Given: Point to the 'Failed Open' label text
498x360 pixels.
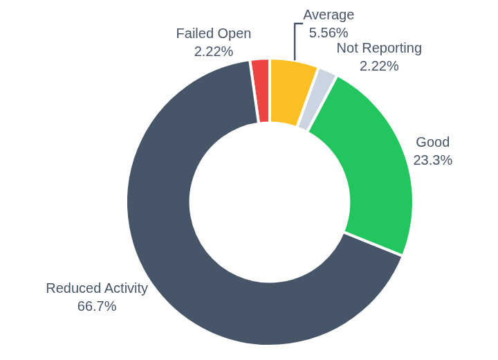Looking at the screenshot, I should [x=213, y=33].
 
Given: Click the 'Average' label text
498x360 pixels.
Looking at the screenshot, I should [x=329, y=15].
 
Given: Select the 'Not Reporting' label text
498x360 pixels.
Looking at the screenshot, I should [x=379, y=48].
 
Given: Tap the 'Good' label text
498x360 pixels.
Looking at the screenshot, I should [x=432, y=142].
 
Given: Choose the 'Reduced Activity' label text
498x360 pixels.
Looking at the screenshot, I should [x=97, y=288].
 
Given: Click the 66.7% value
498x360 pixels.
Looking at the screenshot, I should [x=97, y=306].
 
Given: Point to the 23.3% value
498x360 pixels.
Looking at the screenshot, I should [x=432, y=160].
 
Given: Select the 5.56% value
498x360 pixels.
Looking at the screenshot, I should [x=329, y=33].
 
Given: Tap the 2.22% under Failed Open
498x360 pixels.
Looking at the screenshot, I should [x=213, y=51].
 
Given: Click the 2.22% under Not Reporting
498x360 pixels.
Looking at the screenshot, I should [x=379, y=66].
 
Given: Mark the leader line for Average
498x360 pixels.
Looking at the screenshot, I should [x=295, y=42].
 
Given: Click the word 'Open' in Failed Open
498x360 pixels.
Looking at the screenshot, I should [x=234, y=33].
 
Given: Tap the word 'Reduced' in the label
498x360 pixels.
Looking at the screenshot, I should [x=72, y=288].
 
